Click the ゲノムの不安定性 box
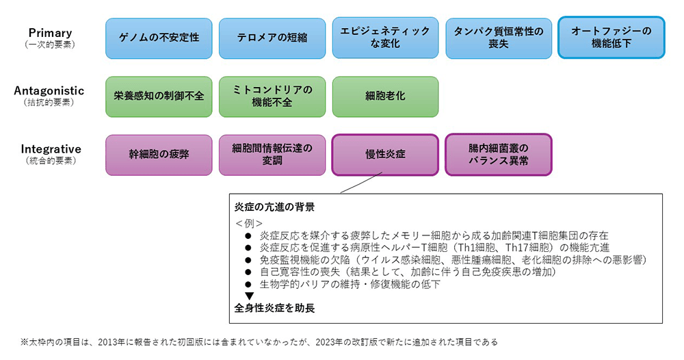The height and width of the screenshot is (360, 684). coord(159,38)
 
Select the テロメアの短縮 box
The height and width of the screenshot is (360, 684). coord(272,38)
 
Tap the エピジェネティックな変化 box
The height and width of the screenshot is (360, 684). coord(385,38)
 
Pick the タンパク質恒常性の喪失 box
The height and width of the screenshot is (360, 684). coord(499,38)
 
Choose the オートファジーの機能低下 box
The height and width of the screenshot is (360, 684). coord(611,38)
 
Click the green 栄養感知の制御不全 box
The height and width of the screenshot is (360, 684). coord(159,97)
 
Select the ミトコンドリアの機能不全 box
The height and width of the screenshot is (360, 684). coord(272,97)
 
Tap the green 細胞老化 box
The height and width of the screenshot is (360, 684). coord(385,97)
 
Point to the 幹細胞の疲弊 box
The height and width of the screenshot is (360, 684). coord(159,155)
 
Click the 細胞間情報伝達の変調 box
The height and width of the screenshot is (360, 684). coord(272,155)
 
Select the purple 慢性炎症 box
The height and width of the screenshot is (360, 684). coord(385,155)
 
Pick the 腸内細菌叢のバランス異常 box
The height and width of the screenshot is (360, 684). coord(499,155)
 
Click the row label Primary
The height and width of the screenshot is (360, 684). coord(50,33)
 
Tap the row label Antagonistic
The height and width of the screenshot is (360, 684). coord(49,91)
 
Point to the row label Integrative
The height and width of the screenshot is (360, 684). coord(51,149)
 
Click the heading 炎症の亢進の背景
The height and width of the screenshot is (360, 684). coord(274,207)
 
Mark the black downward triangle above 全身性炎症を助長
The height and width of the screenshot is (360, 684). coord(249,296)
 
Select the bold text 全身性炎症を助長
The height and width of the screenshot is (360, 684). coord(274,308)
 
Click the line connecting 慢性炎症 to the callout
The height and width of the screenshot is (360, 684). coord(361,183)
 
